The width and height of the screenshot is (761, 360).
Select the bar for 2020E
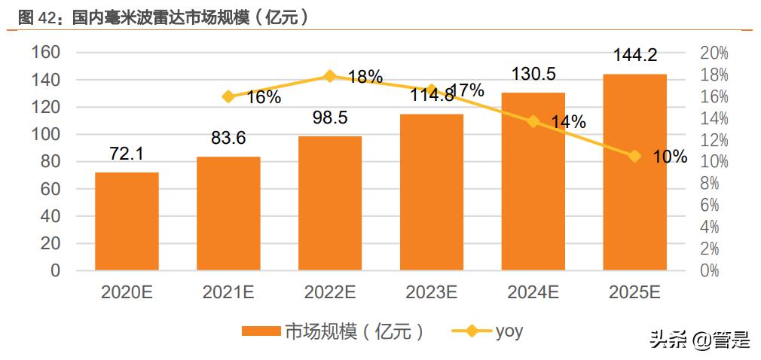pos(127,221)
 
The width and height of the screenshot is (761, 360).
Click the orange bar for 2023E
pos(432,192)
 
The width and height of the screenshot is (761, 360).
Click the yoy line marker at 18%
pos(330,76)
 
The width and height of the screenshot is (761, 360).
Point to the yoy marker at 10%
pos(634,156)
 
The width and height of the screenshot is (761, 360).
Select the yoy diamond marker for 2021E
pos(228,96)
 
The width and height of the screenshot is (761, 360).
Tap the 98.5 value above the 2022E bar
pos(330,118)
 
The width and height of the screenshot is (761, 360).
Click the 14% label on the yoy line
pos(569,123)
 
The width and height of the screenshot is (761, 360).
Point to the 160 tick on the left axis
pos(46,53)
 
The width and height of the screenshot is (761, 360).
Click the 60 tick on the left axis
pos(50,189)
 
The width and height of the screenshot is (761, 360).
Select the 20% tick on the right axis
pos(714,53)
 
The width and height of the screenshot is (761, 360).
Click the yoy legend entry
pos(491,331)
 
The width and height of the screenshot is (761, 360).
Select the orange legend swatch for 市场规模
pos(261,331)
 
